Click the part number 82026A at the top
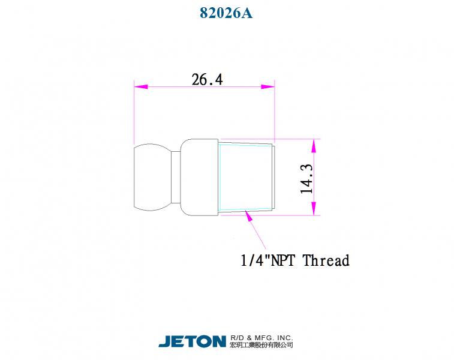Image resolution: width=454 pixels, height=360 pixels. tap(226, 13)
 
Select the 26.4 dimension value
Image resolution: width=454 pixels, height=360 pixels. tap(207, 79)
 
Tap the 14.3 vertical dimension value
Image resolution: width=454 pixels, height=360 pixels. tap(307, 178)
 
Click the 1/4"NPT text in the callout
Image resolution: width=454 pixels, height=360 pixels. tap(269, 260)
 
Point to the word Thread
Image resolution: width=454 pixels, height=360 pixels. tap(326, 260)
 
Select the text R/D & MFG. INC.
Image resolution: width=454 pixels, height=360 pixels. tap(261, 338)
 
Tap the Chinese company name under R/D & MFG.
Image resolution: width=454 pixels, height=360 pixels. tap(261, 346)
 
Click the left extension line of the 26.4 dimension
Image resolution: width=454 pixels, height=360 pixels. tap(134, 114)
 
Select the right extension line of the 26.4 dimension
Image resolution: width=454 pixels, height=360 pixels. tap(275, 114)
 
